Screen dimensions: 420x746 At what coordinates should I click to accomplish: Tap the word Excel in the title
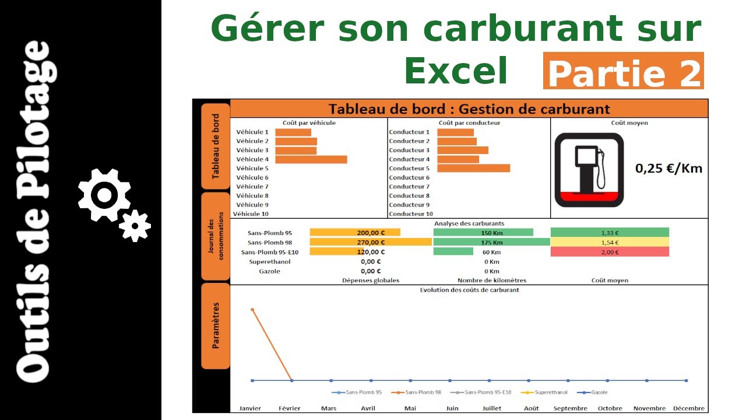coord(456,71)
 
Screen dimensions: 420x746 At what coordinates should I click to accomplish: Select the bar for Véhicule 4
coord(311,159)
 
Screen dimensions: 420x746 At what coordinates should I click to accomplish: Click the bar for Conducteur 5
coord(473,168)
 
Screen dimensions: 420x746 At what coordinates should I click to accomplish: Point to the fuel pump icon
coord(589,170)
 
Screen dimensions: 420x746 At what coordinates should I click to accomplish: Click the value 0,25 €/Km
coord(668,169)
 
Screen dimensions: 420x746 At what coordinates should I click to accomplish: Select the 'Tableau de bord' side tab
coord(216,146)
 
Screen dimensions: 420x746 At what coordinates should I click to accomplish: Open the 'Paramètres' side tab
coord(216,325)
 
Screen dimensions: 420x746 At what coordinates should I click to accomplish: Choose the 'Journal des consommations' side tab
coord(216,236)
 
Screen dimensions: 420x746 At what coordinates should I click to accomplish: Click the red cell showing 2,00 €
coord(610,252)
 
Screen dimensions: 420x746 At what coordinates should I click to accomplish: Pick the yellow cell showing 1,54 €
coord(610,242)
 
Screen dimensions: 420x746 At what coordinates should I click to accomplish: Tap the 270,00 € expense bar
coord(370,242)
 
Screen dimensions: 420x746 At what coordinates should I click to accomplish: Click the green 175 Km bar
coord(491,242)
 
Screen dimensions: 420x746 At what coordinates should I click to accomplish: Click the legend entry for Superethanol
coord(547,393)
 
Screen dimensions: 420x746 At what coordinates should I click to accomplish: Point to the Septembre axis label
coord(571,408)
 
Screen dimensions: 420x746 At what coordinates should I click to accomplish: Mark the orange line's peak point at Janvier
coord(252,309)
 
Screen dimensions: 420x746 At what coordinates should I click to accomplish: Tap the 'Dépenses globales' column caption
coord(370,281)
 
